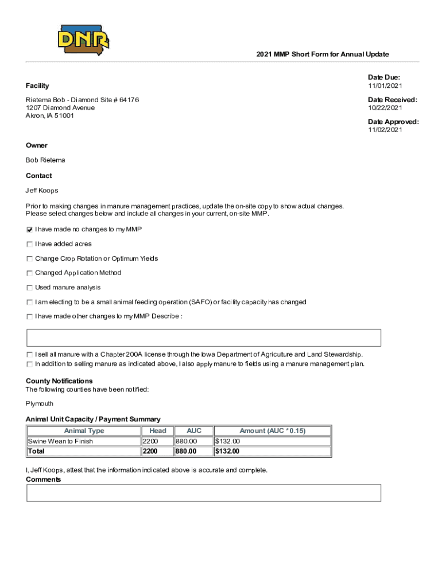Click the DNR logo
[x=83, y=40]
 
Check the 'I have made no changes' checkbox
[x=29, y=230]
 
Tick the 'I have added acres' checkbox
[x=29, y=244]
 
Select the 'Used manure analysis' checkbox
[x=29, y=288]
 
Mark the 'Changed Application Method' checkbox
[x=29, y=273]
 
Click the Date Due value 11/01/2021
[x=385, y=86]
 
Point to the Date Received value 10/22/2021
[x=385, y=108]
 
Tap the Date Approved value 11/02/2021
[x=385, y=130]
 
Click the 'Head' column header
[x=157, y=431]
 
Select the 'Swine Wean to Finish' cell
[x=60, y=441]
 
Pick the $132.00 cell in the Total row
[x=227, y=451]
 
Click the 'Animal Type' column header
[x=84, y=431]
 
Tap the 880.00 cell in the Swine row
[x=186, y=441]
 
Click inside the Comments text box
[x=204, y=493]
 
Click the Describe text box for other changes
[x=204, y=338]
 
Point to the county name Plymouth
[x=40, y=404]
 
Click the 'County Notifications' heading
[x=59, y=381]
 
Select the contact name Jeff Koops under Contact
[x=42, y=190]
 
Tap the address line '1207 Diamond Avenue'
[x=60, y=108]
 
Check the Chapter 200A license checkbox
[x=29, y=354]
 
